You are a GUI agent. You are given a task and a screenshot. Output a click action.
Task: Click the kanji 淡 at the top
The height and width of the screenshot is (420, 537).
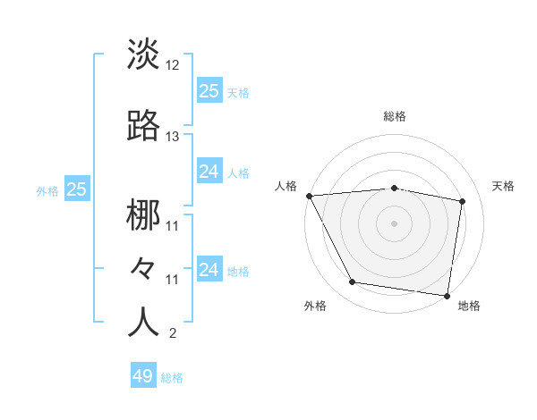pos(143,55)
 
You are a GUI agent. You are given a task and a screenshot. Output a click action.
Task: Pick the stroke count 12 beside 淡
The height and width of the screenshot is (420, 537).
pos(173,66)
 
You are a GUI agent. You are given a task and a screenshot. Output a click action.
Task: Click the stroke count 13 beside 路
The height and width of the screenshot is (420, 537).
pos(173,137)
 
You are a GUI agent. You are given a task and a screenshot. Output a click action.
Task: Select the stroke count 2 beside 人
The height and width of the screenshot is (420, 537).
pos(172,334)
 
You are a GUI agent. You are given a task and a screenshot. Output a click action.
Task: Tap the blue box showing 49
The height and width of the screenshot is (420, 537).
pos(143,376)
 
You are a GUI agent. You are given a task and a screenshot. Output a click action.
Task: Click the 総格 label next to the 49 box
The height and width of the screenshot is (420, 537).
pos(172,378)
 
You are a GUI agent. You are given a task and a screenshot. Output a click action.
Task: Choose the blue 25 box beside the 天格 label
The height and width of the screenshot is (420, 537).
pos(209,90)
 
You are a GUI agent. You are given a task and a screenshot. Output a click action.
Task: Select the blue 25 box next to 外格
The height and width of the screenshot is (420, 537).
pos(76,189)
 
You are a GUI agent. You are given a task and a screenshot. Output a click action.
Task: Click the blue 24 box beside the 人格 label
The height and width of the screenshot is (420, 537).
pos(209,172)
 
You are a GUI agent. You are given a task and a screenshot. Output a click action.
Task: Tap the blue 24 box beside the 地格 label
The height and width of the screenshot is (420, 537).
pos(209,269)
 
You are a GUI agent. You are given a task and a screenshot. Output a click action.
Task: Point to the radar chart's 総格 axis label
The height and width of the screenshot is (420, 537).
pos(395,117)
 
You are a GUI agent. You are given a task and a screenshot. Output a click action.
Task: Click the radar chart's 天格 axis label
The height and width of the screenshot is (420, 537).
pos(503,186)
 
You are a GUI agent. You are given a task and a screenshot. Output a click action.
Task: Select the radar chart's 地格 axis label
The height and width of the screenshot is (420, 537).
pos(469,307)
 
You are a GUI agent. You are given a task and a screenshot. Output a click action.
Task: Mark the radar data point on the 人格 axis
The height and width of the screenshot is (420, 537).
pos(309,196)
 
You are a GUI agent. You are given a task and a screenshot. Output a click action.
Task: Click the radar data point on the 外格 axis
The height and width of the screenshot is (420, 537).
pos(353,282)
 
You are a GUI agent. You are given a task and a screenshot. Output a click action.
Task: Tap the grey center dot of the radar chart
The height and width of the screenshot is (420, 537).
pos(395,223)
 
